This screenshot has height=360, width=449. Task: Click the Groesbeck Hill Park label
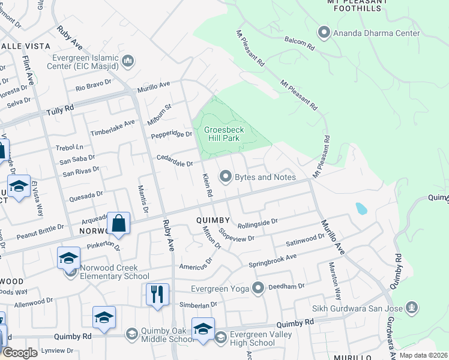tap(221, 134)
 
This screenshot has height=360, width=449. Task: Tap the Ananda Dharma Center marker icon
tap(324, 33)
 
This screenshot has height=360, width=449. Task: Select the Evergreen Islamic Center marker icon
tap(128, 61)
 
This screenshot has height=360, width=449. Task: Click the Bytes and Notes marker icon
tap(226, 176)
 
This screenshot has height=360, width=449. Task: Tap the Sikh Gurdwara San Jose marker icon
tap(412, 308)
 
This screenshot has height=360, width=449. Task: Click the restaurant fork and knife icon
tap(157, 295)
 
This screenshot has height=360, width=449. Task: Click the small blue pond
tap(361, 208)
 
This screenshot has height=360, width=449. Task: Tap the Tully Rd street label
tap(60, 111)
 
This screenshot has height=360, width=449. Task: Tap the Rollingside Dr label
tap(258, 224)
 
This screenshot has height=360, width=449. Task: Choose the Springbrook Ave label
tap(273, 260)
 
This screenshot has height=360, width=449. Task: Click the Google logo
tap(20, 352)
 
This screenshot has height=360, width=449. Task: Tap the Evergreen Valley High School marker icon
tap(220, 338)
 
